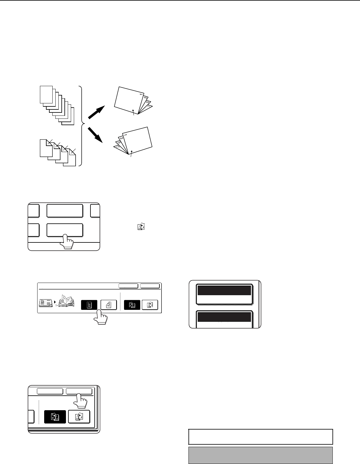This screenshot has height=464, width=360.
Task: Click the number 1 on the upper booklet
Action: [141, 95]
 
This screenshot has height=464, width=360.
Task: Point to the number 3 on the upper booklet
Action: [145, 99]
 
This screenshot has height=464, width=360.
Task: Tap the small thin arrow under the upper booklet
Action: [133, 112]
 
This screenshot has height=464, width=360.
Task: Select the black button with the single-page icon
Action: [89, 305]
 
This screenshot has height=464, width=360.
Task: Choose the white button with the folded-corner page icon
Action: [109, 305]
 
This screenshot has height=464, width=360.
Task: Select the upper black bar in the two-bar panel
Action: [224, 290]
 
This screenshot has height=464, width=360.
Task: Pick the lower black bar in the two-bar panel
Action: [224, 317]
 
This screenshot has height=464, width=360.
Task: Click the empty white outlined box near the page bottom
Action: [260, 436]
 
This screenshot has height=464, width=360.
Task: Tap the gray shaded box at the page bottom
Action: [260, 455]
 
